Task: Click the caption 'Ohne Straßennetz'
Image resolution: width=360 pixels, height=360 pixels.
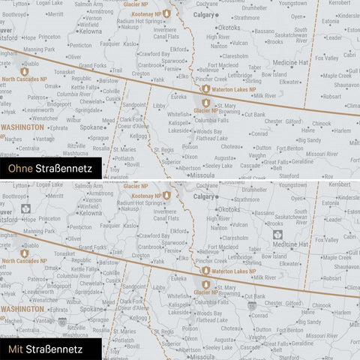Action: [47, 169]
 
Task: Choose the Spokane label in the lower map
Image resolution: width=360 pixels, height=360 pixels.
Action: [92, 308]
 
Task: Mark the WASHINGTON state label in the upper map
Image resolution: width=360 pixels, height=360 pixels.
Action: [22, 127]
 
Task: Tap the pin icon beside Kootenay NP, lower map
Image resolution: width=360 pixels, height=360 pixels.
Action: [166, 195]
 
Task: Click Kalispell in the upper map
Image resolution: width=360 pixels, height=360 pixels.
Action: [179, 122]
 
